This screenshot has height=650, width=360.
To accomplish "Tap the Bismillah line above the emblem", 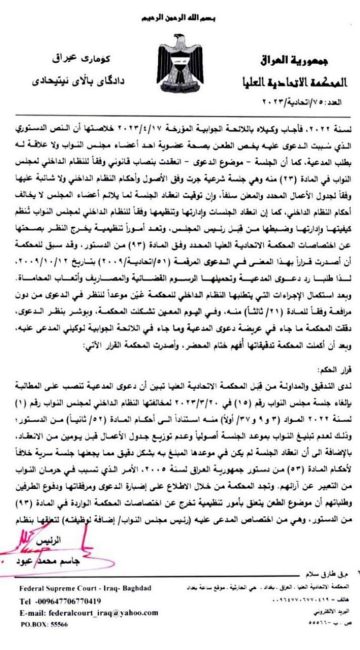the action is [179, 13].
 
